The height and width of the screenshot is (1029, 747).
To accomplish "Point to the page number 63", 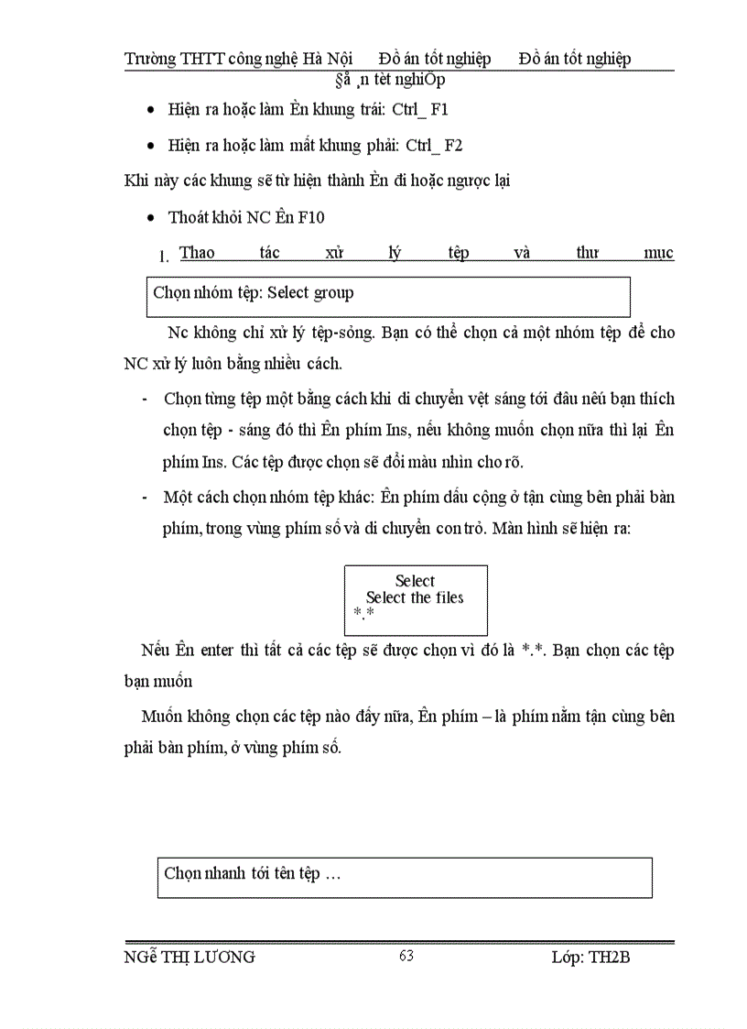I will click(406, 956).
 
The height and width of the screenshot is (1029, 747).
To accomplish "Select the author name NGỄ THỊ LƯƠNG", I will click(189, 958).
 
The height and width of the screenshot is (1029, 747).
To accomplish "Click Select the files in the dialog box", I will click(415, 597).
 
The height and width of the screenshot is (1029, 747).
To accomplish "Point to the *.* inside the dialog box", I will click(363, 612).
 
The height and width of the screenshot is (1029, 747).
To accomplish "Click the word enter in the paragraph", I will click(212, 651).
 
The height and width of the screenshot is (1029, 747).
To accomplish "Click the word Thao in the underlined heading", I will click(197, 253).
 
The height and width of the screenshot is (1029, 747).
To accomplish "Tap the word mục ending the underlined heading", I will click(658, 253).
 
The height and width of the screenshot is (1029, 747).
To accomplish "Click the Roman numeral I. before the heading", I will click(164, 256).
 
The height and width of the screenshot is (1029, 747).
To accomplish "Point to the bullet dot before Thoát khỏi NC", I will click(151, 218).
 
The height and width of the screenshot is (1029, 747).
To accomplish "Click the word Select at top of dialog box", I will click(415, 581).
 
